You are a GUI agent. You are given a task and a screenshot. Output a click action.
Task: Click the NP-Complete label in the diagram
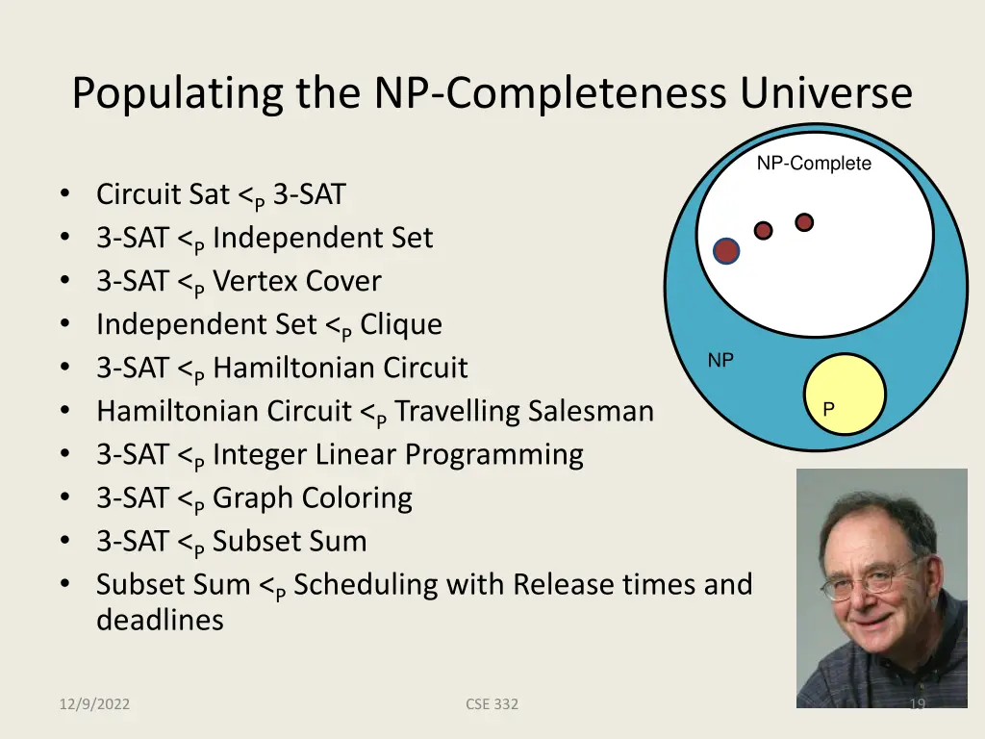pyautogui.click(x=814, y=164)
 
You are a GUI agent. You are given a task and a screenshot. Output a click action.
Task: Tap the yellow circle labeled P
pyautogui.click(x=845, y=395)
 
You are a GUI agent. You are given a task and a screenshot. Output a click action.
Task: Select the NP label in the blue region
pyautogui.click(x=720, y=361)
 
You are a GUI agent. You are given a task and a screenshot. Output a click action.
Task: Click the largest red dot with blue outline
pyautogui.click(x=726, y=251)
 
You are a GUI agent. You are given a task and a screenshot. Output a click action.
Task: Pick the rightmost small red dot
pyautogui.click(x=804, y=222)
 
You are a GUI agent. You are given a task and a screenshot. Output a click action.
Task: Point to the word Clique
pyautogui.click(x=401, y=324)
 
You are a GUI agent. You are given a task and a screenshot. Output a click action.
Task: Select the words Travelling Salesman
pyautogui.click(x=524, y=411)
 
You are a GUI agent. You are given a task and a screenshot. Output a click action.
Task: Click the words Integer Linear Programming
pyautogui.click(x=397, y=454)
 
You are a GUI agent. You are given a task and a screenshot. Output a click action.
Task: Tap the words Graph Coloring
pyautogui.click(x=312, y=497)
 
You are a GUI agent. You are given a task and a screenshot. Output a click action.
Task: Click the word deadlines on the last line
pyautogui.click(x=160, y=620)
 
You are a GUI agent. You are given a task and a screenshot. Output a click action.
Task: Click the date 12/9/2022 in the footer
pyautogui.click(x=93, y=704)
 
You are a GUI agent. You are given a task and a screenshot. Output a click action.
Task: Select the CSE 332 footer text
pyautogui.click(x=492, y=704)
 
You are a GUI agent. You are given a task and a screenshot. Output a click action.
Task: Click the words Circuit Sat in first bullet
pyautogui.click(x=163, y=194)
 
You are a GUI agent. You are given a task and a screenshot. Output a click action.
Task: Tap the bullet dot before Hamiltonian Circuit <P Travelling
pyautogui.click(x=63, y=412)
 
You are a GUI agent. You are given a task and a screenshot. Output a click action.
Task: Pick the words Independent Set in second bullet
pyautogui.click(x=322, y=238)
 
